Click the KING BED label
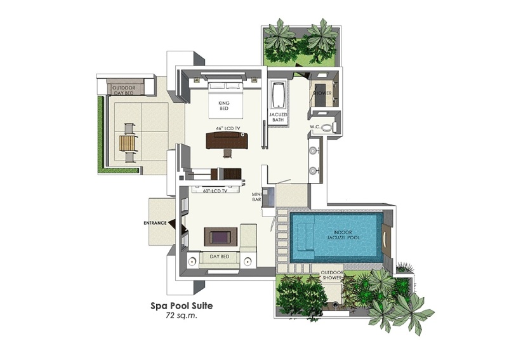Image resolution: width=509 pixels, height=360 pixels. [223, 105]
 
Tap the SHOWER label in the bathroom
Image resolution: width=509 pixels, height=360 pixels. [322, 93]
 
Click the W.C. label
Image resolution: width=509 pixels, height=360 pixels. [315, 126]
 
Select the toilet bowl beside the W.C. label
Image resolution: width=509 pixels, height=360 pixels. [327, 127]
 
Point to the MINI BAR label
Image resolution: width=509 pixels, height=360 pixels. [257, 197]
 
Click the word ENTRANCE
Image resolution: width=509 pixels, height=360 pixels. [155, 223]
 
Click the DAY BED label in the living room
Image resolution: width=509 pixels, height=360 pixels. [219, 257]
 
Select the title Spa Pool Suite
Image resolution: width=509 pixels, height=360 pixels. [182, 305]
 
